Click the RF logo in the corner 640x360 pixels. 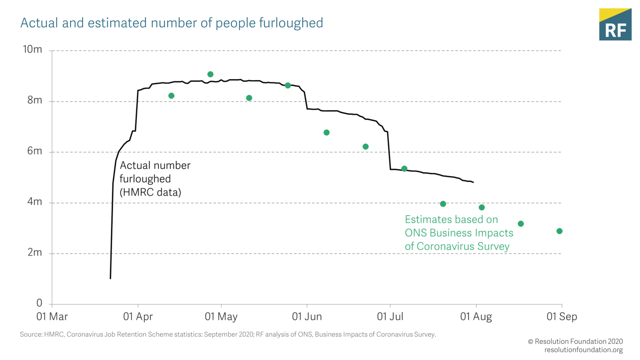coord(615,25)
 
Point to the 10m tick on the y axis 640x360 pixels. coord(32,49)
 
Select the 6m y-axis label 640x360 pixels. coord(34,151)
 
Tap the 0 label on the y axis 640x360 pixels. coord(39,303)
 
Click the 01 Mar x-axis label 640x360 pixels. coord(52,317)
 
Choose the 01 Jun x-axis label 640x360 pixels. coord(307,317)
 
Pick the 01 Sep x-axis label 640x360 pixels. coord(561,317)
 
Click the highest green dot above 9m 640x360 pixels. coord(210,74)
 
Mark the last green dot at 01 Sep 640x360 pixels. coord(559,231)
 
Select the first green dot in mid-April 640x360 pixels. coord(171,96)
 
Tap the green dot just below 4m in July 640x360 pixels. coord(443,204)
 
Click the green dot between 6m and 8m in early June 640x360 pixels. coord(326,133)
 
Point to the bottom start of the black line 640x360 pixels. coord(111,278)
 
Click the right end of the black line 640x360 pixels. coord(473,182)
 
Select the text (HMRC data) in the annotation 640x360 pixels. coord(150,192)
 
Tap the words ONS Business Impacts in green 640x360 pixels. coord(459,233)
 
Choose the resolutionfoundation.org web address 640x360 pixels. coord(583,350)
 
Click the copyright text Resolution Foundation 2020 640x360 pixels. coord(578,342)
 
